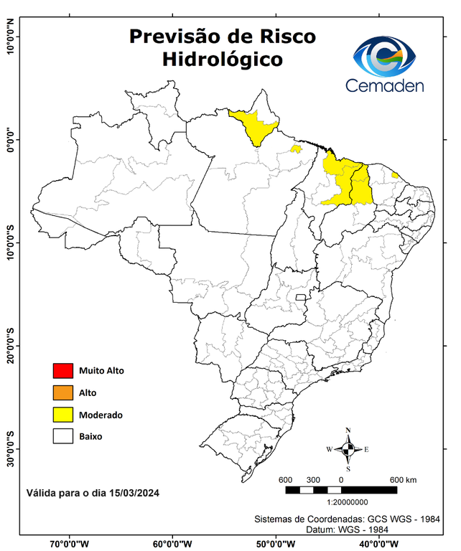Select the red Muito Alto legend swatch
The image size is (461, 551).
(x=63, y=371)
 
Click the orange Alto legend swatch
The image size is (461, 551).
(x=63, y=392)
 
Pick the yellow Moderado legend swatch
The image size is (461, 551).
(x=63, y=415)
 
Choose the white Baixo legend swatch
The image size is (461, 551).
(x=63, y=436)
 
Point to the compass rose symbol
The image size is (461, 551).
(x=348, y=449)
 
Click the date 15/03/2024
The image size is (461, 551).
(x=133, y=493)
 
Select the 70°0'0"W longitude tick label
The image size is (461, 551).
(x=70, y=542)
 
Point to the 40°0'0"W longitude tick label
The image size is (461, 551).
(x=376, y=542)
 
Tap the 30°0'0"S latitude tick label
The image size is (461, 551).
(x=10, y=449)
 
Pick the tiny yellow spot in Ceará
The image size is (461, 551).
(x=395, y=175)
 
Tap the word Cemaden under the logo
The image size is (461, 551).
(x=385, y=85)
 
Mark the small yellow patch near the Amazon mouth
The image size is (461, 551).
(x=295, y=149)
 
